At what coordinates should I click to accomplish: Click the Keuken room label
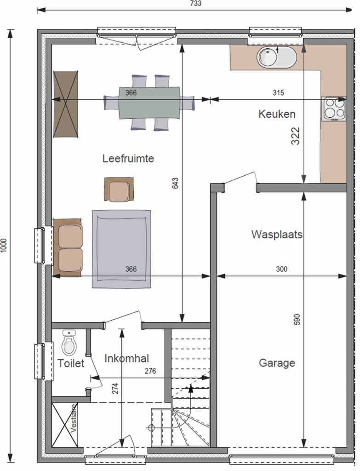coord(277,114)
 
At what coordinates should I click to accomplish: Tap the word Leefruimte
coord(128,158)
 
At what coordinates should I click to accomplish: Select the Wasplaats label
coord(277,234)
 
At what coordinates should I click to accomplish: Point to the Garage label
coord(277,363)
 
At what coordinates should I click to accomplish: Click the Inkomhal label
coord(127,358)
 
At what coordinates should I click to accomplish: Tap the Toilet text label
coord(71,363)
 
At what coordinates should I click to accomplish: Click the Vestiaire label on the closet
coord(74,418)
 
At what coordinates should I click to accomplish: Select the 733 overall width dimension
coord(195,3)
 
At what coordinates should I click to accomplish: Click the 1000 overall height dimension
coord(3,246)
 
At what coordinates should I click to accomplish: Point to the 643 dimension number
coord(175,183)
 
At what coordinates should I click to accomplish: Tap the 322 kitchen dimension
coord(296,136)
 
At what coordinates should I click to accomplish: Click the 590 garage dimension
coord(297,320)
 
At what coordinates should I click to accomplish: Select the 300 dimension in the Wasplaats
coord(282,269)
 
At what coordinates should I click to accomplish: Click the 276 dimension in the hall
coord(150,371)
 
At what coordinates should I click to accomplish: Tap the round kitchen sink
coord(276,57)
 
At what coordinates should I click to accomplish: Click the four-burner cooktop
coord(334,109)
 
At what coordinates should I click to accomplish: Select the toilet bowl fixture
coord(69,343)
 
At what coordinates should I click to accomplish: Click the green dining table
coord(149,103)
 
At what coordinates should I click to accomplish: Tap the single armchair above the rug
coord(119,189)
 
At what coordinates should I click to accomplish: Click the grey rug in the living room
coord(121,249)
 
